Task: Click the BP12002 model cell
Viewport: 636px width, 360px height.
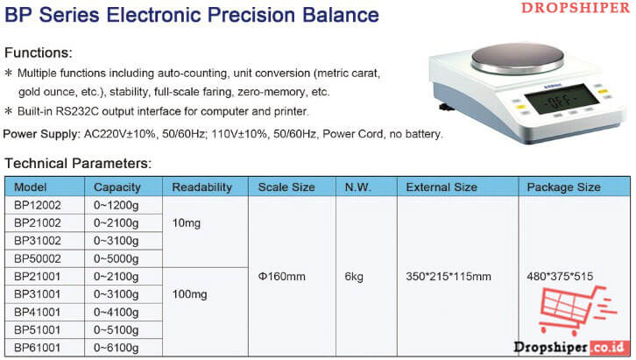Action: point(38,205)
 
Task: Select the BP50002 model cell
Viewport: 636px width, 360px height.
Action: point(38,258)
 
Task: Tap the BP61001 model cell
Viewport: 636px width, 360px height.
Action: point(38,348)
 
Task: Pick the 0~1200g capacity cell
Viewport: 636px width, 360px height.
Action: point(116,206)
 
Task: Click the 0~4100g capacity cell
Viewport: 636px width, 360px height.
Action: point(116,313)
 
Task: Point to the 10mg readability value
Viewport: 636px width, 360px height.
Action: point(187,223)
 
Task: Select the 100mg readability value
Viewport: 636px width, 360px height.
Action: point(189,294)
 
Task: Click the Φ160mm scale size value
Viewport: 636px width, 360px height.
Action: point(281,277)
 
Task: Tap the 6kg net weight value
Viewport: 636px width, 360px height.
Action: point(354,277)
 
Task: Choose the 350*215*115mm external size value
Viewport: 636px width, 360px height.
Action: point(449,277)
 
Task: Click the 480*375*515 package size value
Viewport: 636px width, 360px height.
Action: point(560,277)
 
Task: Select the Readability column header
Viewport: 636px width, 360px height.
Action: point(201,187)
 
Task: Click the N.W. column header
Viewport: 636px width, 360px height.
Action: point(357,187)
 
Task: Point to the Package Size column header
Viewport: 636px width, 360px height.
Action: point(563,187)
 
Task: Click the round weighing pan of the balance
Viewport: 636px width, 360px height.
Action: point(518,58)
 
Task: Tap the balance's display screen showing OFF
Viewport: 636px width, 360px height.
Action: point(562,99)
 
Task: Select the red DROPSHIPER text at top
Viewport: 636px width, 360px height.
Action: point(576,8)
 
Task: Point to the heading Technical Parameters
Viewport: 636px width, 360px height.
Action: point(78,163)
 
